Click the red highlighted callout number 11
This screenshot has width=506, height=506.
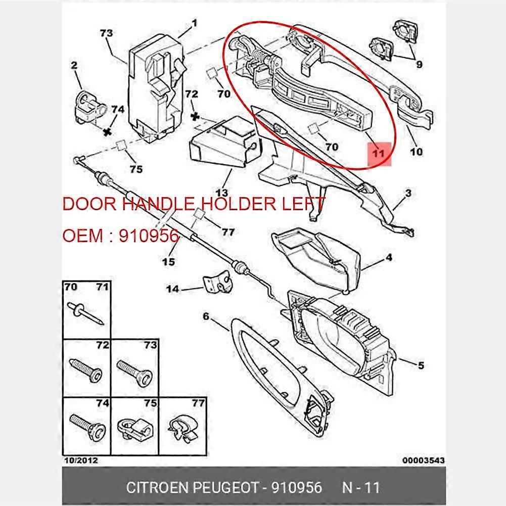[x=379, y=153]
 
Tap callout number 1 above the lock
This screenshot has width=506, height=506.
[x=194, y=23]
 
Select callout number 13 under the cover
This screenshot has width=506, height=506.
[x=222, y=193]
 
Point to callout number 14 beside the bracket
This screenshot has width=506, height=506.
[x=173, y=289]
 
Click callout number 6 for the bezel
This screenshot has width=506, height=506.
[x=206, y=316]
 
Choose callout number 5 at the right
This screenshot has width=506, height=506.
[x=421, y=365]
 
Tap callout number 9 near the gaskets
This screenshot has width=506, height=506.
[x=419, y=64]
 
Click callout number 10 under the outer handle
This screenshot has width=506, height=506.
[x=417, y=151]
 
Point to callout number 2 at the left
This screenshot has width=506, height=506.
[x=74, y=65]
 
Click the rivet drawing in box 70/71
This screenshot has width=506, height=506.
[x=85, y=313]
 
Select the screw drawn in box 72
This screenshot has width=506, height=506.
[x=86, y=371]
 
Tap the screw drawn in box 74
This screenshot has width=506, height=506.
[x=87, y=428]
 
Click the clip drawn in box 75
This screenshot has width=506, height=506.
[x=135, y=430]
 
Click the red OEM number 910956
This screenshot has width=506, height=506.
[x=149, y=236]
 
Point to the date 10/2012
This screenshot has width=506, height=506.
[x=81, y=461]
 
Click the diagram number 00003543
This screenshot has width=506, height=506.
[x=424, y=461]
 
